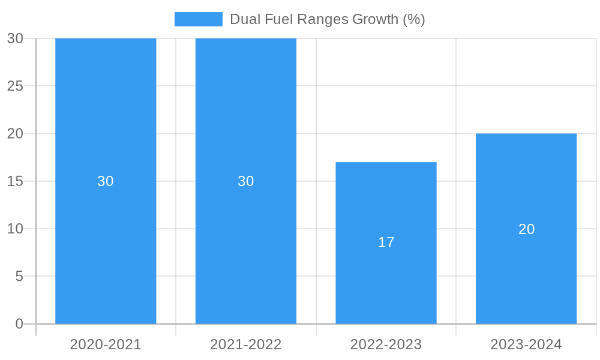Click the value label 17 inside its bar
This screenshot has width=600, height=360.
click(386, 242)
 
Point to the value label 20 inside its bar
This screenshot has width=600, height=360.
click(526, 229)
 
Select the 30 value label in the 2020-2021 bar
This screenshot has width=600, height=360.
click(106, 181)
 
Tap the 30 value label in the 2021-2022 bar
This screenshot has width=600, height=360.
click(246, 181)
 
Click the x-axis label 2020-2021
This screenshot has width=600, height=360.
click(106, 344)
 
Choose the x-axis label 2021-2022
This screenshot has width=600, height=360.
click(246, 344)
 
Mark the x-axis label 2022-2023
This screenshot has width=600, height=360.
click(386, 344)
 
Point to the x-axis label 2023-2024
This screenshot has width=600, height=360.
click(526, 344)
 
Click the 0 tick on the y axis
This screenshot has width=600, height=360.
click(19, 324)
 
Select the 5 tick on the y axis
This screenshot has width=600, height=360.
click(19, 277)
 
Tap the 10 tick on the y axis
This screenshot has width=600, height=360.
click(15, 229)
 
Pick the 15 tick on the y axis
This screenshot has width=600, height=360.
click(15, 181)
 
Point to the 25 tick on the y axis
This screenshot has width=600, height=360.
click(15, 86)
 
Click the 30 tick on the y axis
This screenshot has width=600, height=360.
click(15, 38)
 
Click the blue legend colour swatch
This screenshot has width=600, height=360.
click(198, 19)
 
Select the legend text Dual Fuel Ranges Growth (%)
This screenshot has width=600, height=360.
click(328, 19)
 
